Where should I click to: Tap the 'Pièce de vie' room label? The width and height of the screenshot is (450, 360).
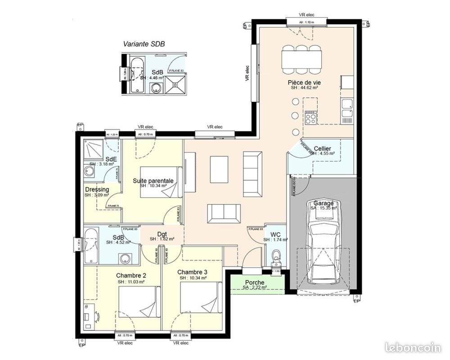[304, 82]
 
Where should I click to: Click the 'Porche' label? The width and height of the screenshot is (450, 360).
[254, 283]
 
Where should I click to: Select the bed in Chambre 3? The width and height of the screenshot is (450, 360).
[201, 299]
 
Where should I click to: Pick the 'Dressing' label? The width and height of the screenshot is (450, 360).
[97, 189]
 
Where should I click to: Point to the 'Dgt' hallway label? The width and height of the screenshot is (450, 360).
[162, 234]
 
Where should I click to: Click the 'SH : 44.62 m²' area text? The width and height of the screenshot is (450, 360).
[304, 88]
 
